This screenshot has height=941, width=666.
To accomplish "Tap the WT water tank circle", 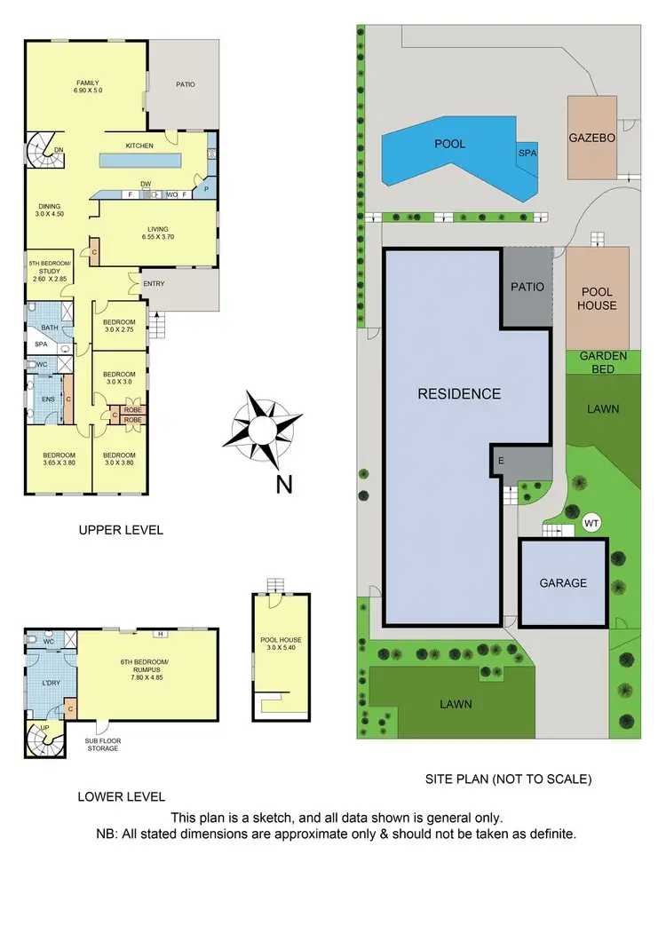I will pyautogui.click(x=592, y=524).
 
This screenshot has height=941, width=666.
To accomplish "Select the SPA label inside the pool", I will pyautogui.click(x=527, y=153).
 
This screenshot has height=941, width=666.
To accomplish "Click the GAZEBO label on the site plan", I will pyautogui.click(x=591, y=138).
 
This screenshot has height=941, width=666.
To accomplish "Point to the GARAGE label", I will pyautogui.click(x=563, y=583).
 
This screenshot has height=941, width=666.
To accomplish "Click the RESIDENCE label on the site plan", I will pyautogui.click(x=459, y=394).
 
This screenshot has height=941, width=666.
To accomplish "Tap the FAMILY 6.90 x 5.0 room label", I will pyautogui.click(x=88, y=87).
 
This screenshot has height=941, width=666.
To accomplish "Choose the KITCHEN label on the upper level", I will pyautogui.click(x=139, y=145).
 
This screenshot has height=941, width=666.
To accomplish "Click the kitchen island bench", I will pyautogui.click(x=140, y=161).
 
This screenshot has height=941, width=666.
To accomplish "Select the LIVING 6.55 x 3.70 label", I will pyautogui.click(x=157, y=233).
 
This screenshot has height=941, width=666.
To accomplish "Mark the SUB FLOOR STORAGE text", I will pyautogui.click(x=102, y=744).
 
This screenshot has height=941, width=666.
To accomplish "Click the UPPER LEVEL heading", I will pyautogui.click(x=121, y=530).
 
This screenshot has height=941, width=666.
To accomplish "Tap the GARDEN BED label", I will pyautogui.click(x=604, y=360).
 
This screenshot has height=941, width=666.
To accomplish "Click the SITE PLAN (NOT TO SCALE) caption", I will pyautogui.click(x=509, y=779).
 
